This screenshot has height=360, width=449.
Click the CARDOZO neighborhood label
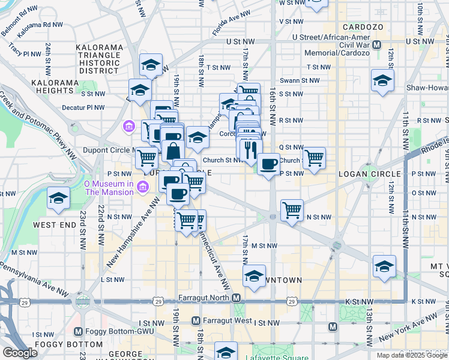359,27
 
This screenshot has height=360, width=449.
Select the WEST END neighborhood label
55,224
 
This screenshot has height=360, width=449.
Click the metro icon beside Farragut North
237,298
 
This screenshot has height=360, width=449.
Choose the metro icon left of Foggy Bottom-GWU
78,331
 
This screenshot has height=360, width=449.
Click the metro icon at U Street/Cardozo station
377,45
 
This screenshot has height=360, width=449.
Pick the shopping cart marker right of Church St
314,158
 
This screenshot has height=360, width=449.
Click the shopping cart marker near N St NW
292,211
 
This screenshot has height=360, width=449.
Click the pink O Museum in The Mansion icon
143,188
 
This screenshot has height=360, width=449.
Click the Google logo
20,352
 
